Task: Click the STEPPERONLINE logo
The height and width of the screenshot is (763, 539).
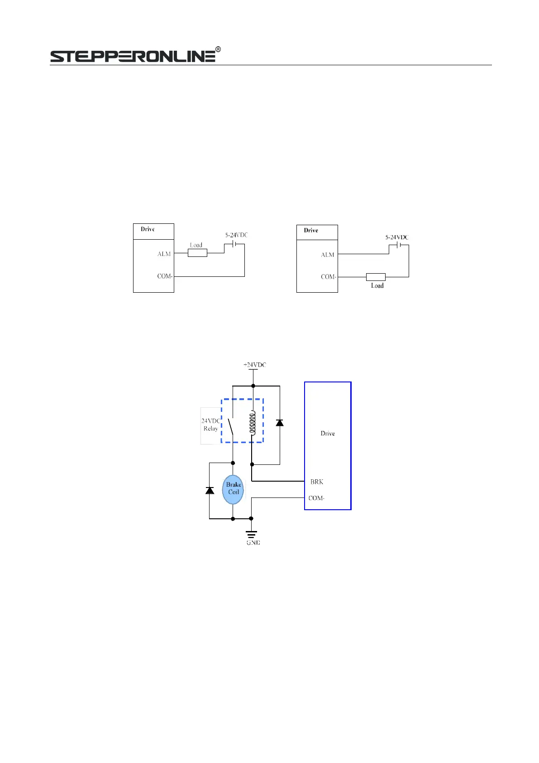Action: [x=133, y=56]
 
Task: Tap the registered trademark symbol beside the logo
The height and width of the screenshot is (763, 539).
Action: [x=218, y=49]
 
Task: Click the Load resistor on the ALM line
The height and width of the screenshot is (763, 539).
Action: [x=197, y=253]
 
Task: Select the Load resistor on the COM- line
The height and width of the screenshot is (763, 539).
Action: [x=376, y=277]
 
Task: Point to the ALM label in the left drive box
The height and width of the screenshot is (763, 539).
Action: [x=164, y=254]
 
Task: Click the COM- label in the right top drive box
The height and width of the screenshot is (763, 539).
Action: [x=328, y=277]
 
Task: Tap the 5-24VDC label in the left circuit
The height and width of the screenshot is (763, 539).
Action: [x=236, y=235]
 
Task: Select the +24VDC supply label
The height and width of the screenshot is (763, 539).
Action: [x=255, y=365]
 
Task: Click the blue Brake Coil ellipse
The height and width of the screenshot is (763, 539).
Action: [x=233, y=489]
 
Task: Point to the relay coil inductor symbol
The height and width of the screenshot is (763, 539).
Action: [x=253, y=423]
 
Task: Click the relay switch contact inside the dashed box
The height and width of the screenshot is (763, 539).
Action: [x=231, y=426]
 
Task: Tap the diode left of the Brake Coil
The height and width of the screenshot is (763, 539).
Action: [x=210, y=490]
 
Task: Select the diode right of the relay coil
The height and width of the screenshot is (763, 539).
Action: [x=280, y=423]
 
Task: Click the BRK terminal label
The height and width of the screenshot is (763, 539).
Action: [x=317, y=482]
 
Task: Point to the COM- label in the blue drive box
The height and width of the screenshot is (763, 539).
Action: [x=316, y=498]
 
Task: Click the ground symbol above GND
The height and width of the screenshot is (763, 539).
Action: [x=251, y=533]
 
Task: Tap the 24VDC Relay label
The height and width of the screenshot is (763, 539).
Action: [x=210, y=425]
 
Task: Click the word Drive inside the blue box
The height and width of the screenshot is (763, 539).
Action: [x=328, y=434]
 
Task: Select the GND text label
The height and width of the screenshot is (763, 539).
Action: [x=253, y=542]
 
